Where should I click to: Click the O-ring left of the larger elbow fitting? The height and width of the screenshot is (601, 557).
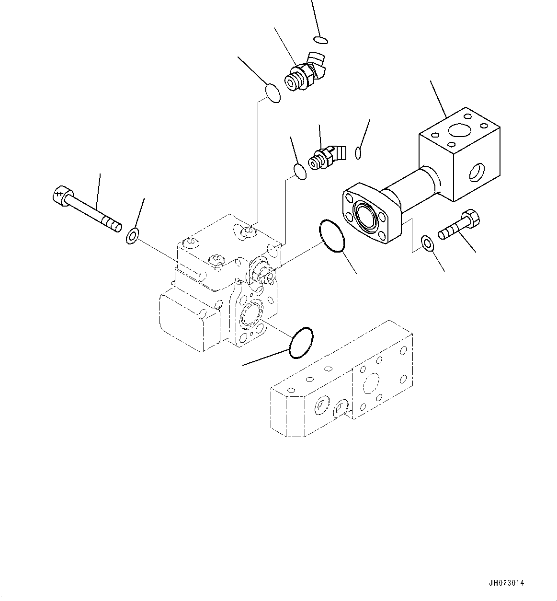pos(273,92)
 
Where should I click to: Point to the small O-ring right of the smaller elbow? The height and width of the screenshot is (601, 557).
pos(358,153)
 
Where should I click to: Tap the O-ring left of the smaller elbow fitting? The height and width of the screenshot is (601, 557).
pos(299,172)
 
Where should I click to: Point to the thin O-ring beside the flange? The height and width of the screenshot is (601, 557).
pos(331,236)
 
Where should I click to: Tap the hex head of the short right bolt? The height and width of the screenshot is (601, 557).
pos(471,220)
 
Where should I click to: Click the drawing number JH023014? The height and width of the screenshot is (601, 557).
pos(507,583)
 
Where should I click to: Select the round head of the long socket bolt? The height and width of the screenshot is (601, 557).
pos(59,194)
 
